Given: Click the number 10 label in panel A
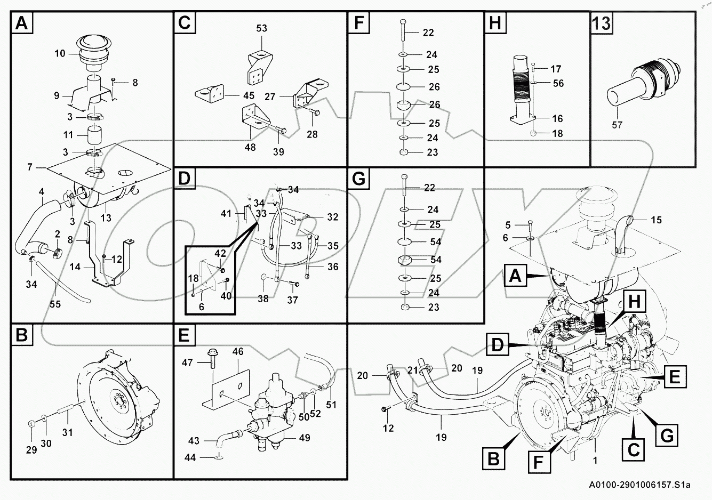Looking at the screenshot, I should click(59, 53).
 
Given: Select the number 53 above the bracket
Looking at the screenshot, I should click(261, 28).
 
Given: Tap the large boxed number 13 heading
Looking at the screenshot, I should click(602, 23).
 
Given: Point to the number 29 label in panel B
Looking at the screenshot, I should click(31, 450).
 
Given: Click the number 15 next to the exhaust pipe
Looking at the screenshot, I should click(655, 220).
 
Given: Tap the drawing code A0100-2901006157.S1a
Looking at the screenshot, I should click(639, 485).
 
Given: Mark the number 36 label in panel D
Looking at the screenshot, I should click(332, 267).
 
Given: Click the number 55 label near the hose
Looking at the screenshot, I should click(54, 304).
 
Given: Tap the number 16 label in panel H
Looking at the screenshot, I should click(557, 118).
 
